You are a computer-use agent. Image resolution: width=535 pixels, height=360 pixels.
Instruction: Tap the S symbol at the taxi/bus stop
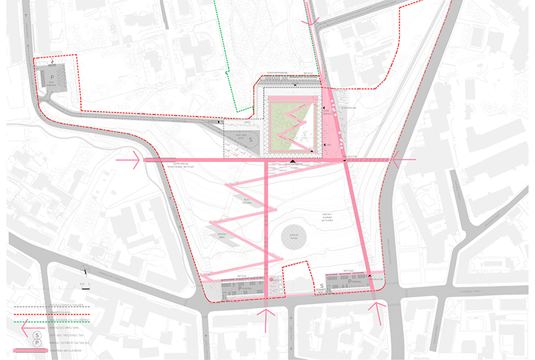tap(251, 141)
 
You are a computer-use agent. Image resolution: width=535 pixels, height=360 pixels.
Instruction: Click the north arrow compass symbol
tap(85, 270)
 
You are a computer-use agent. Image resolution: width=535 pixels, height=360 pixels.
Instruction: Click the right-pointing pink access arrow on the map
tap(127, 161)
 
